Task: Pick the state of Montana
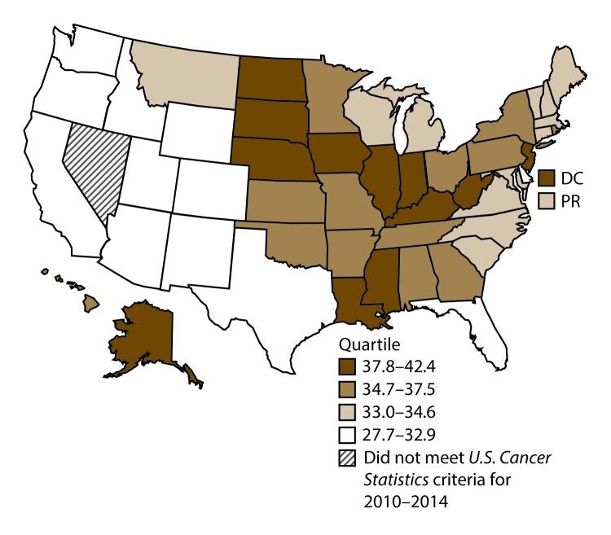179,69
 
